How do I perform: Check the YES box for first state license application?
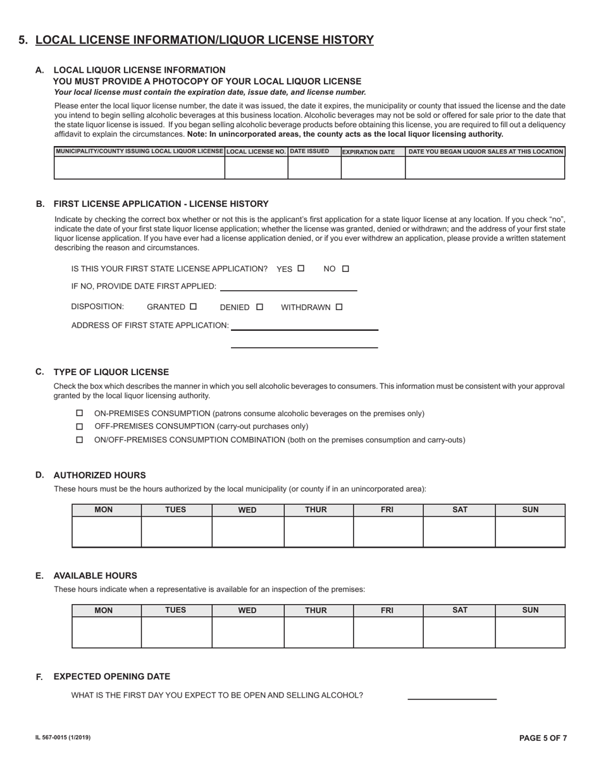(300, 268)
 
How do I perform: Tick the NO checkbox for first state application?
(345, 268)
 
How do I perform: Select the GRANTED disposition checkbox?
(194, 306)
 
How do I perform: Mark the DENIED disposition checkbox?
(259, 307)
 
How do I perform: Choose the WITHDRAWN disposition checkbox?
(339, 307)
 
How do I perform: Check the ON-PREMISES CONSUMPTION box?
(80, 413)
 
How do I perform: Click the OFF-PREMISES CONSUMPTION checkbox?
(80, 426)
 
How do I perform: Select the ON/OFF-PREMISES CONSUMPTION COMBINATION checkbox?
(80, 440)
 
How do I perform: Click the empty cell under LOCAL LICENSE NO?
(256, 168)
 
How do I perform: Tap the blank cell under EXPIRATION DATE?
(373, 168)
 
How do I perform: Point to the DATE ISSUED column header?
(309, 151)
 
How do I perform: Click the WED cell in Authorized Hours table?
(247, 531)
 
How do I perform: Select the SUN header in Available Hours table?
(530, 610)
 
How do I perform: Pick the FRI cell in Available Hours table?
(388, 632)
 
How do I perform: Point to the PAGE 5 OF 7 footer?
(543, 738)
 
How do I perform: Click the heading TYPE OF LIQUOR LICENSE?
(111, 372)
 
